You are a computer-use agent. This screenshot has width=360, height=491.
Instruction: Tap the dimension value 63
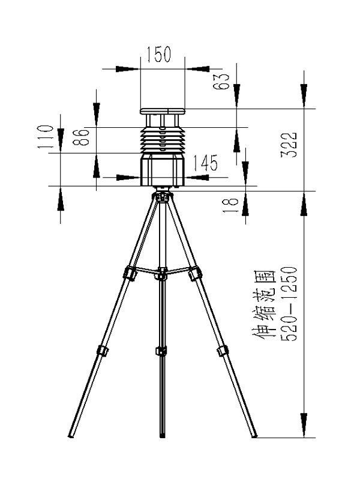click(221, 82)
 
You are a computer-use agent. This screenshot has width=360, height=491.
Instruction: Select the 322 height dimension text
click(288, 145)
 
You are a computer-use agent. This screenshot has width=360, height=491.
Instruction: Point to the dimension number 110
click(46, 136)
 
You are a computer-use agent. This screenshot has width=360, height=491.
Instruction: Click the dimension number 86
click(81, 137)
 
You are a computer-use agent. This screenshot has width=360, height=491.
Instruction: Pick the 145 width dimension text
click(205, 163)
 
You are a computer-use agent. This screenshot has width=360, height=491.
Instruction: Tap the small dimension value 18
click(230, 205)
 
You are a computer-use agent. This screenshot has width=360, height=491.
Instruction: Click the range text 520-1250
click(288, 304)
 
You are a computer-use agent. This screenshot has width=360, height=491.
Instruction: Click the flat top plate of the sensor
click(163, 111)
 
